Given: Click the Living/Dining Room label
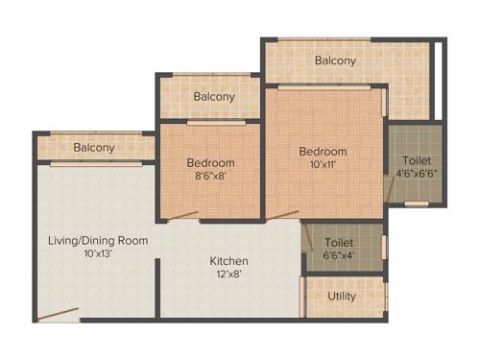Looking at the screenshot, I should [98, 240].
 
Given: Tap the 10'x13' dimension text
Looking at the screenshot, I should [98, 253].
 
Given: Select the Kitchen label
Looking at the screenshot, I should [229, 260].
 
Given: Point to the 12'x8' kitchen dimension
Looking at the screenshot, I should [229, 274].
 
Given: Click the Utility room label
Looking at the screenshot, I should [342, 296].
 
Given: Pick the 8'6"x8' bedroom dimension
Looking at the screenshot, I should [210, 176].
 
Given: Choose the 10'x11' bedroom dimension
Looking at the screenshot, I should [323, 165].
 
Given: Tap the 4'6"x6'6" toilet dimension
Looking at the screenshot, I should [417, 174].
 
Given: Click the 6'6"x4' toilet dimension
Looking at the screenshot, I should [340, 255].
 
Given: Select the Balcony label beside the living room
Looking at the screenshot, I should [94, 148].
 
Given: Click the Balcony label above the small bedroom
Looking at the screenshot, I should [214, 97].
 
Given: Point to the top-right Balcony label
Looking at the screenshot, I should [335, 60].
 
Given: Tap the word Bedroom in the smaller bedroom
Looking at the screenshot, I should [210, 162].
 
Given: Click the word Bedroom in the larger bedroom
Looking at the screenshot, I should [323, 152].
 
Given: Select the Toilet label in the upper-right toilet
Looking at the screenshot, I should [417, 160].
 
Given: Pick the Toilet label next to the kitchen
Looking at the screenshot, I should [339, 242].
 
